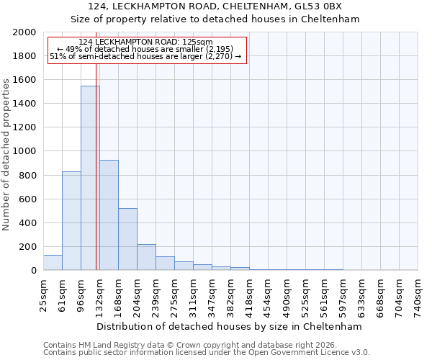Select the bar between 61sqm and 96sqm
[71, 220]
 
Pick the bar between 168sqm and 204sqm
[127, 239]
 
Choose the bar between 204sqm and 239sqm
[146, 257]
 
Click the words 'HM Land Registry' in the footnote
[111, 344]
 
